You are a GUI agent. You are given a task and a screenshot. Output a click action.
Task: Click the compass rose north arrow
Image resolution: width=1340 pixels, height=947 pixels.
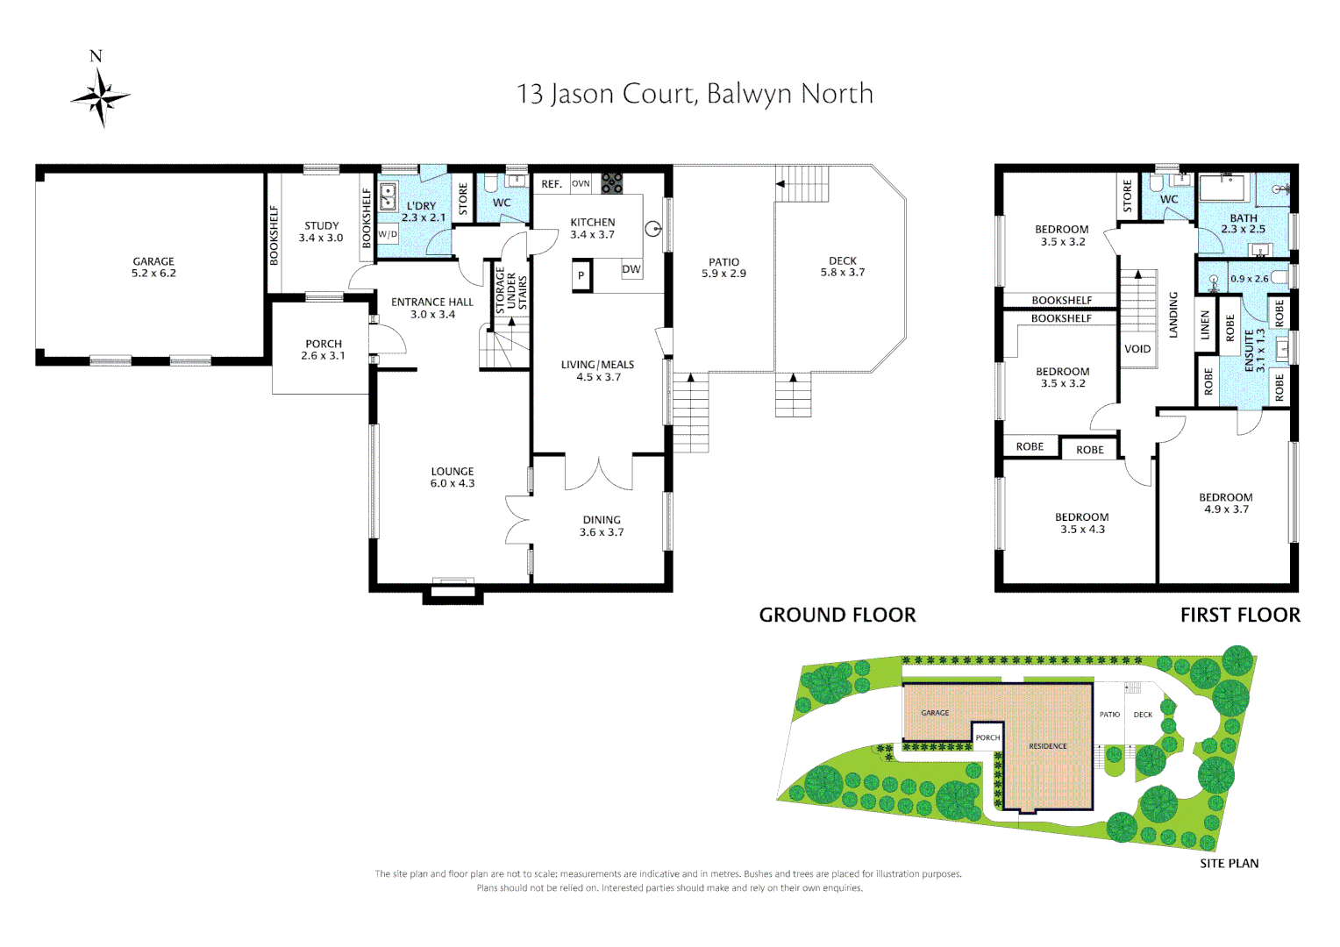[100, 95]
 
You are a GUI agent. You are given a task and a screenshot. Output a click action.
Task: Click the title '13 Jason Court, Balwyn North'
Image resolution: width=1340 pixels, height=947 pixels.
[695, 94]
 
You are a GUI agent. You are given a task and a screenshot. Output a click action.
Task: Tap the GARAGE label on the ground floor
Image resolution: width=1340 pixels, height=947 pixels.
[153, 261]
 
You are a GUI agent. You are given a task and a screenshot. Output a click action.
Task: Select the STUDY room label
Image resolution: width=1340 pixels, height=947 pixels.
[321, 226]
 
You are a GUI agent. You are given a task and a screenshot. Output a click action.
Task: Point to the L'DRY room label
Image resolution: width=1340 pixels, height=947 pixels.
[421, 206]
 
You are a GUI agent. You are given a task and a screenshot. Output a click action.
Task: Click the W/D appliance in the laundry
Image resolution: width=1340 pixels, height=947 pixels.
[388, 234]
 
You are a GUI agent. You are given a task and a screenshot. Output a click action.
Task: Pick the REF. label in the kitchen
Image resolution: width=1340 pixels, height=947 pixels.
[552, 184]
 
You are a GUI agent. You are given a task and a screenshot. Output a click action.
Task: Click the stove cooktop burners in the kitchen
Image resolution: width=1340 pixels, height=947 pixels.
[611, 183]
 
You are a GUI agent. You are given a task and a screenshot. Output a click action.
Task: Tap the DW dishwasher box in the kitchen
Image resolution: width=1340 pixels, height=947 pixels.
[631, 269]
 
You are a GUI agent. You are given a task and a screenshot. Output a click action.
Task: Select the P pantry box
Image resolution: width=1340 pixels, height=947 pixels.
[581, 275]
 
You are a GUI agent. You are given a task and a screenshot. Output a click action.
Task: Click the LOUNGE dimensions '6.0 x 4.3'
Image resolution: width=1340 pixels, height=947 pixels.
[453, 483]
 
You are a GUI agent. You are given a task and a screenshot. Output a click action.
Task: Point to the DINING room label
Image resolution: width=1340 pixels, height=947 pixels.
[602, 520]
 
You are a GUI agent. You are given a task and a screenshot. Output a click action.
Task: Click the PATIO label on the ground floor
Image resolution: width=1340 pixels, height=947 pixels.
[723, 262]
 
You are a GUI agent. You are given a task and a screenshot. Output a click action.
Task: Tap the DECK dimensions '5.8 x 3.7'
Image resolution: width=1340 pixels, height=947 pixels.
[843, 273]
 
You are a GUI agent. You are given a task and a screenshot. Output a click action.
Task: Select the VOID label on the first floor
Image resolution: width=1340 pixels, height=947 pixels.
[1137, 349]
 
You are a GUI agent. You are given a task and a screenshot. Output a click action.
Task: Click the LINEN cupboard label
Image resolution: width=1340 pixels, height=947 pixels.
[1205, 325]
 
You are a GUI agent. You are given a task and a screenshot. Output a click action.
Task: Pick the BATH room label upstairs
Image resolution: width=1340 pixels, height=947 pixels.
[1244, 218]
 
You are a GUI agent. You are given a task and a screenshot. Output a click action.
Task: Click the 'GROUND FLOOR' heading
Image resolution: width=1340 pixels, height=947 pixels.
[837, 616]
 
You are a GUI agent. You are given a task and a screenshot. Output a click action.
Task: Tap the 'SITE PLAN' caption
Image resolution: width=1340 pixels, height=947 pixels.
[1229, 864]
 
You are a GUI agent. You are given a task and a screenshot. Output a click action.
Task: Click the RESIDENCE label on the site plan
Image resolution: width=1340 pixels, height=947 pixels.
[1048, 746]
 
